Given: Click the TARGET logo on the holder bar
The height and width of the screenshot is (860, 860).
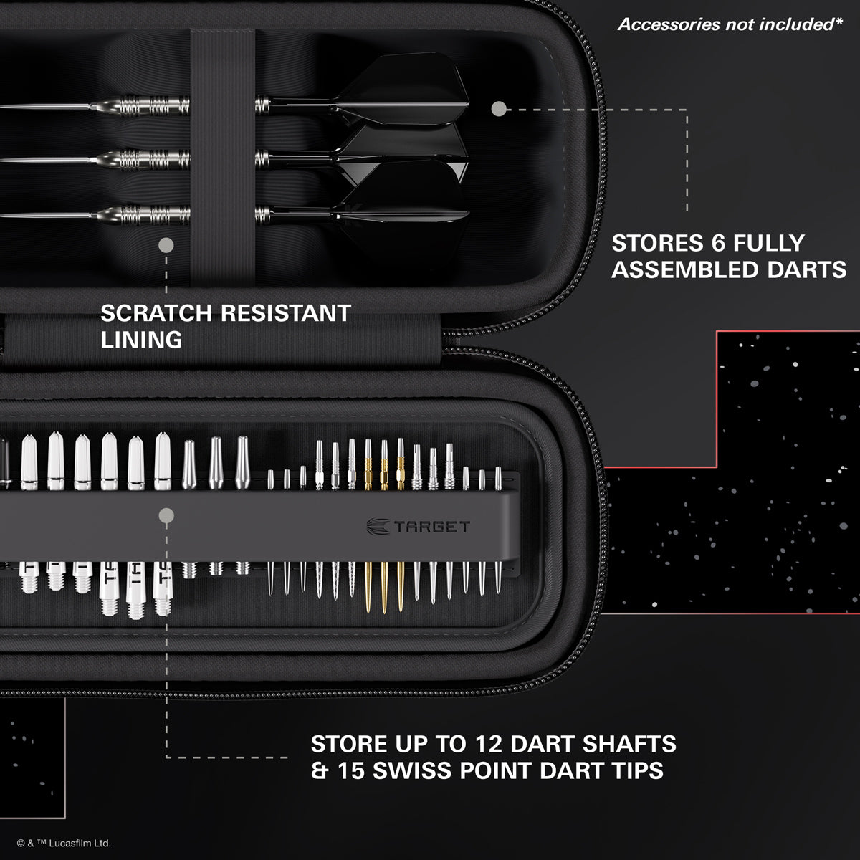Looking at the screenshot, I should pyautogui.click(x=419, y=527).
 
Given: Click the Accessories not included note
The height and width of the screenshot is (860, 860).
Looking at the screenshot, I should pyautogui.click(x=730, y=24).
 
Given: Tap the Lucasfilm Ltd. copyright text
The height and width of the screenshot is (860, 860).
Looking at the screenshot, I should pyautogui.click(x=64, y=844).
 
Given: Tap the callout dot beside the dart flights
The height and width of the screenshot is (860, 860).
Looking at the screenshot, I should pyautogui.click(x=500, y=109).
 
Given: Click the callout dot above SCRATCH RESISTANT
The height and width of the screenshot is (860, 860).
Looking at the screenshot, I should pyautogui.click(x=166, y=246).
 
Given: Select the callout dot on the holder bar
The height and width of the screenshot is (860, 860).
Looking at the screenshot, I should pyautogui.click(x=166, y=515).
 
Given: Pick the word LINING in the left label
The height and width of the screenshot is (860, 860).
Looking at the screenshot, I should pyautogui.click(x=141, y=340).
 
